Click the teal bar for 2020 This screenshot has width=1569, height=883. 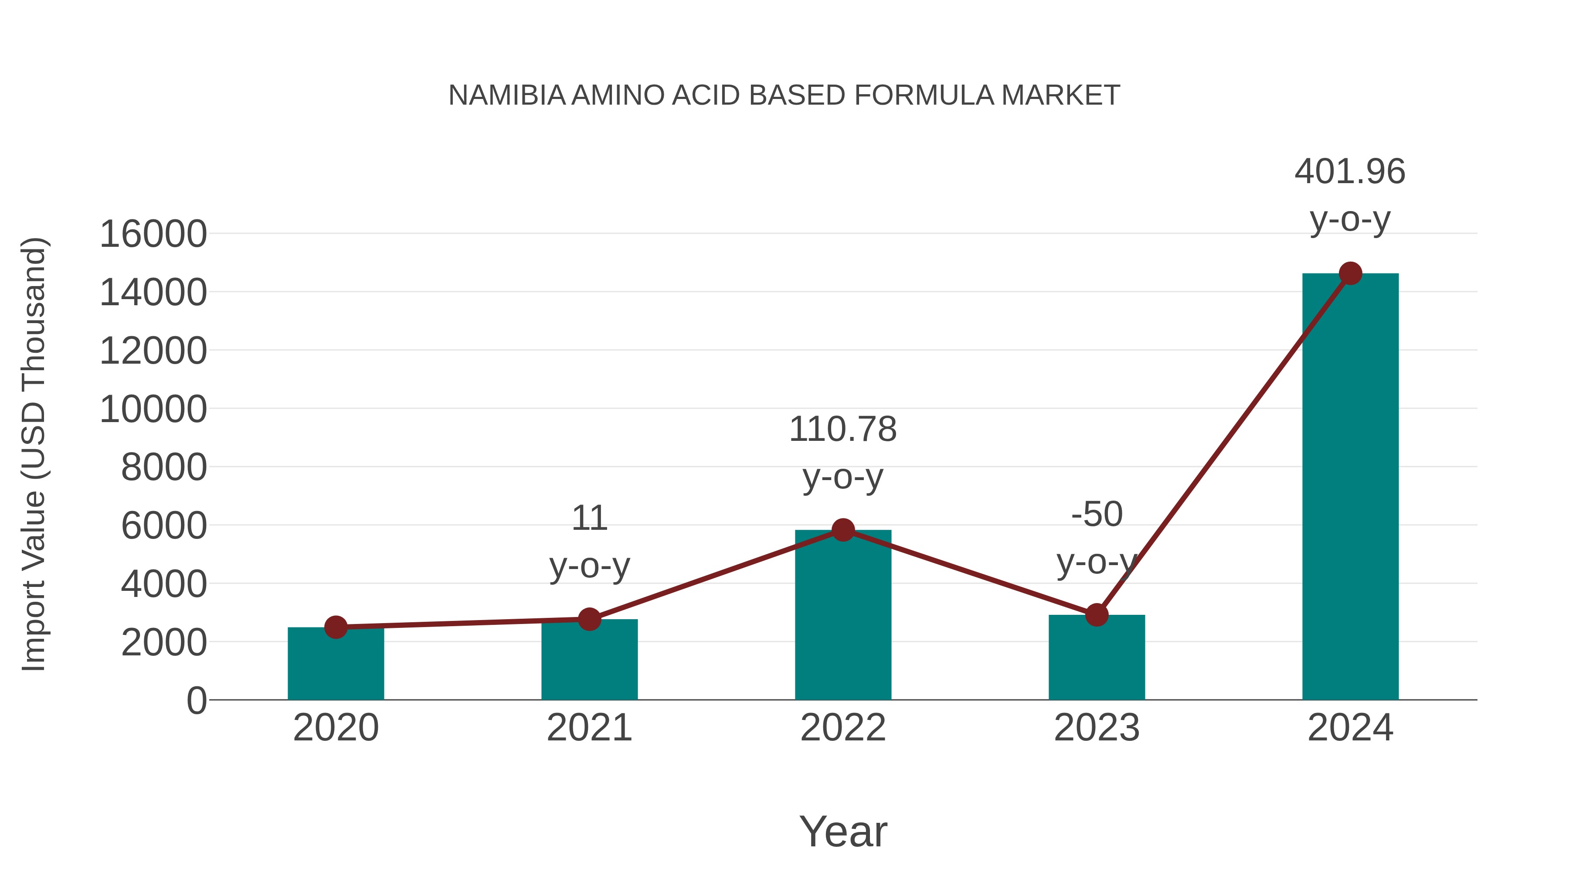tap(336, 664)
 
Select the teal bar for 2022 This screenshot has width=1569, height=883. tap(843, 615)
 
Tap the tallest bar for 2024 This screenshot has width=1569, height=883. tap(1350, 488)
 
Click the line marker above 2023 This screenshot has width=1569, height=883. tap(1097, 615)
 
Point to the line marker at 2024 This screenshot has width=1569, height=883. tap(1350, 273)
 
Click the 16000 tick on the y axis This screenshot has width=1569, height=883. tap(153, 234)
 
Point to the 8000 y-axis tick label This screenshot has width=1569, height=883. tap(164, 467)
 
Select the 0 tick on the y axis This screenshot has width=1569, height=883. tap(196, 700)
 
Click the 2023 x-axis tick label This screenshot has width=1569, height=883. tap(1097, 728)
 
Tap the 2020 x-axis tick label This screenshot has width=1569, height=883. tap(336, 728)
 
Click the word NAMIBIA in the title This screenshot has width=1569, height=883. tap(507, 95)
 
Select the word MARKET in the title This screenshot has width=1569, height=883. tap(1060, 95)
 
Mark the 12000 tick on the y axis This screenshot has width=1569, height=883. tap(153, 351)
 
